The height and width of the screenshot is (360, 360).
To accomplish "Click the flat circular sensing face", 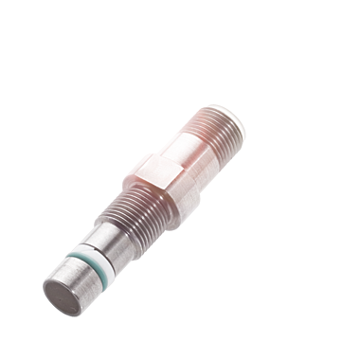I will [x=60, y=297].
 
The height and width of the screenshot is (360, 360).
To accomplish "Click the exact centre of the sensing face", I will [x=60, y=297].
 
